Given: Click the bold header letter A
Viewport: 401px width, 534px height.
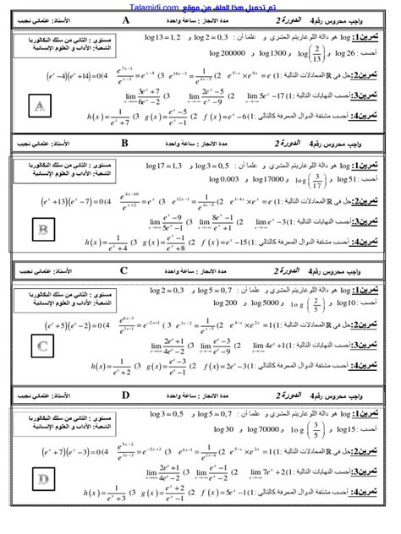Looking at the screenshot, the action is [x=126, y=20].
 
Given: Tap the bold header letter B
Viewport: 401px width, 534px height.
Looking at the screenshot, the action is [x=124, y=144].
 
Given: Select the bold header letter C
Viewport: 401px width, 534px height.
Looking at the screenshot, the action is [x=124, y=271].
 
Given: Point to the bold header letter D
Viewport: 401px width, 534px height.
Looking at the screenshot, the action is [x=125, y=394].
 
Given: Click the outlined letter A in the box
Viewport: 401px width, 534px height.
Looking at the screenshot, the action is [x=40, y=105].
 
